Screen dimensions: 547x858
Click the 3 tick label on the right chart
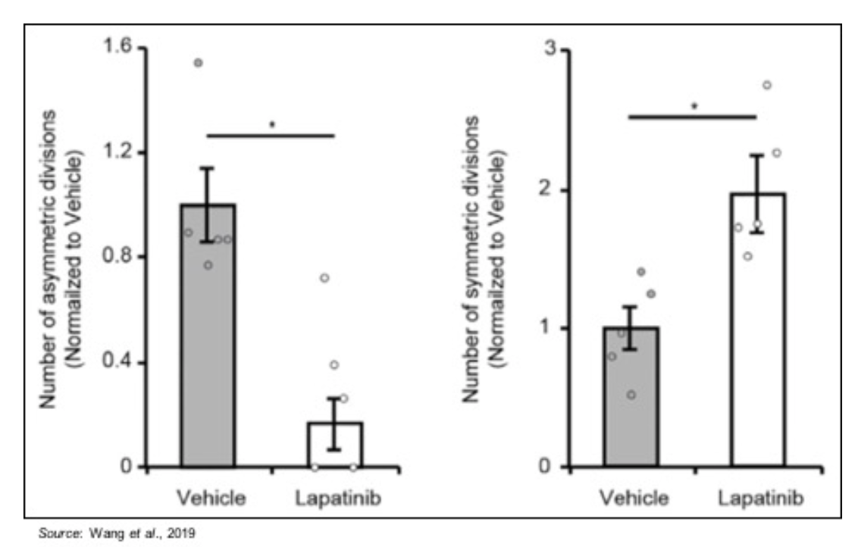pyautogui.click(x=565, y=50)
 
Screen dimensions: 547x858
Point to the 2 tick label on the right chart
pyautogui.click(x=565, y=189)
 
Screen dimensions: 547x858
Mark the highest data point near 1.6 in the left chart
pyautogui.click(x=199, y=63)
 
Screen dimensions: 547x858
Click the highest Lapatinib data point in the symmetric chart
pyautogui.click(x=766, y=85)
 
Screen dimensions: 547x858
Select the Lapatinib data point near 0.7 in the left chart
pyautogui.click(x=324, y=278)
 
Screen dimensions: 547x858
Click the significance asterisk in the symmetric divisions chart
pyautogui.click(x=694, y=106)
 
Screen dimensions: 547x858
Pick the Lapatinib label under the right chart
pyautogui.click(x=759, y=499)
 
